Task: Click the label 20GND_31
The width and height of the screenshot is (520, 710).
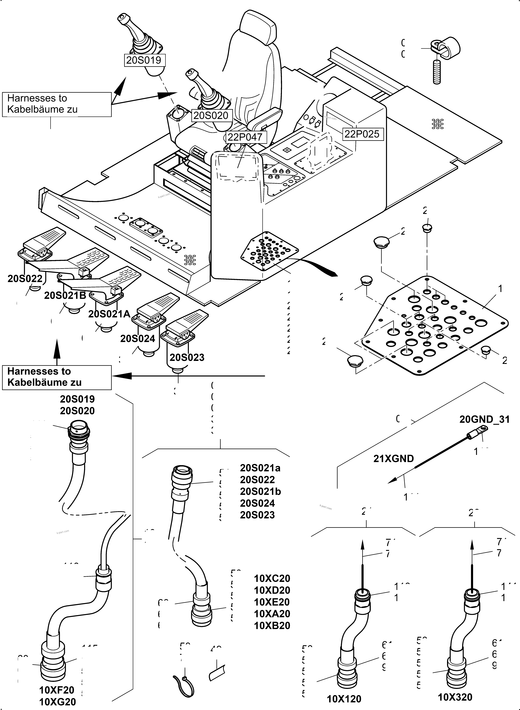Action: tap(484, 419)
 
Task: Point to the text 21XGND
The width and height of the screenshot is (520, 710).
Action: tap(394, 459)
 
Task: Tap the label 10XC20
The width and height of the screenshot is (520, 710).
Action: tap(272, 579)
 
